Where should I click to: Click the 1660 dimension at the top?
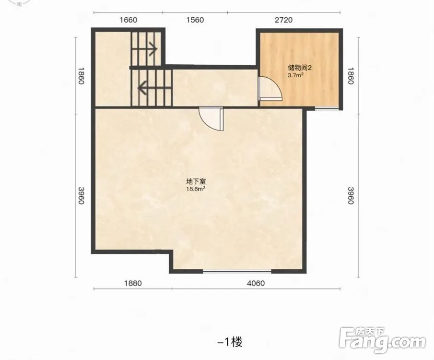pos(128,20)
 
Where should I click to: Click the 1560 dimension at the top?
pos(195,20)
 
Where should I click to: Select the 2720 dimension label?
pos(284,20)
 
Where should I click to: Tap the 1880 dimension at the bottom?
pos(133,283)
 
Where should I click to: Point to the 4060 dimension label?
pos(256,283)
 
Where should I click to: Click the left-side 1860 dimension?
pos(81,76)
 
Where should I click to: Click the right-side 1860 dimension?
pos(351,76)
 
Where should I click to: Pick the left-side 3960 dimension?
pos(81,196)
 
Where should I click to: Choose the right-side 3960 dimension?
pos(351,196)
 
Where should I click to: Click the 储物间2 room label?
pos(300,68)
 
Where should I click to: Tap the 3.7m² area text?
pos(295,75)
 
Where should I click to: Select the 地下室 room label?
pos(196,182)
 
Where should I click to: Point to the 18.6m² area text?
pos(196,189)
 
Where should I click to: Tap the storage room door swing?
pos(270,88)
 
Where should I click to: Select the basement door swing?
pos(211,119)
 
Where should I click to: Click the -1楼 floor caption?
pos(230,342)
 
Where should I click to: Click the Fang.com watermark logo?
pos(383,340)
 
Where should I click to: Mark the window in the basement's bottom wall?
pos(237,271)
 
